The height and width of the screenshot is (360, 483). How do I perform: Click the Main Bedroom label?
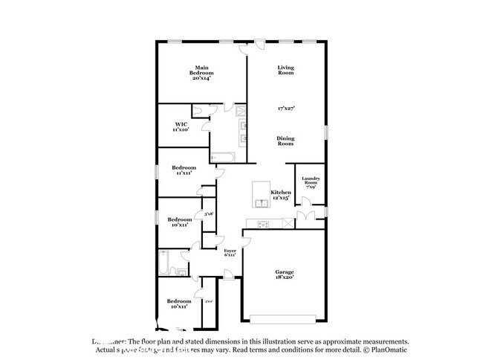tap(201, 71)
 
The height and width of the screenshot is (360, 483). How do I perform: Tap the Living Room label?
tap(286, 70)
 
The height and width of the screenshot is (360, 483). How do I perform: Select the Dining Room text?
tap(286, 140)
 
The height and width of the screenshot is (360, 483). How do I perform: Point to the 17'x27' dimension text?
tap(286, 109)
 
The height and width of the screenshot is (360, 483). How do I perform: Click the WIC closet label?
tap(181, 126)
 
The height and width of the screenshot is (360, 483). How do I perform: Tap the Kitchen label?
tap(280, 195)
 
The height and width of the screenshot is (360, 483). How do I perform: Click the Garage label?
tap(286, 275)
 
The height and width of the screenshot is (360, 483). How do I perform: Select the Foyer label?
tap(230, 254)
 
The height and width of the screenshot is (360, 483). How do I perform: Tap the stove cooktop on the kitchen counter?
tap(263, 225)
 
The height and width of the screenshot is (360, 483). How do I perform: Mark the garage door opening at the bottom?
tap(286, 321)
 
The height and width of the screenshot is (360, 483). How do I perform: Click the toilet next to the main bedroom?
tap(199, 112)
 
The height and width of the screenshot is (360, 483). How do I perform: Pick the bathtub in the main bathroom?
tap(222, 157)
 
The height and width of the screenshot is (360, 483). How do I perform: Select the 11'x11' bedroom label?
tap(184, 172)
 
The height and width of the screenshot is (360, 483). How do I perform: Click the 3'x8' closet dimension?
tap(210, 214)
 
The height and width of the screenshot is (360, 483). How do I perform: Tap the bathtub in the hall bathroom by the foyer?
tap(165, 263)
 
